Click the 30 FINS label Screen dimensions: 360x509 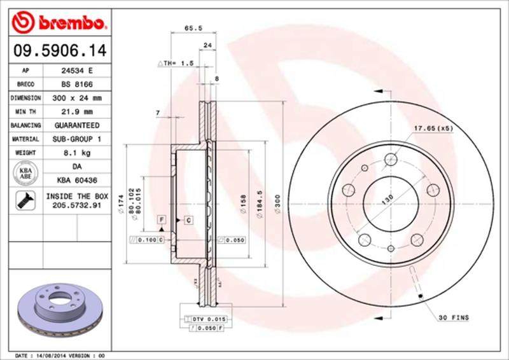pyautogui.click(x=454, y=316)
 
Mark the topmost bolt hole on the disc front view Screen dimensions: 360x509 pyautogui.click(x=391, y=159)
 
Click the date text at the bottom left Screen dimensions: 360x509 pyautogui.click(x=59, y=355)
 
